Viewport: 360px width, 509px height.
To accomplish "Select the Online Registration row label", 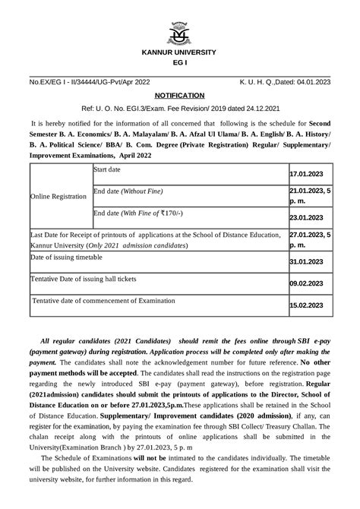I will click(x=58, y=196).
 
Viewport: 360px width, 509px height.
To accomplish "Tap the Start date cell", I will click(x=112, y=169).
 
